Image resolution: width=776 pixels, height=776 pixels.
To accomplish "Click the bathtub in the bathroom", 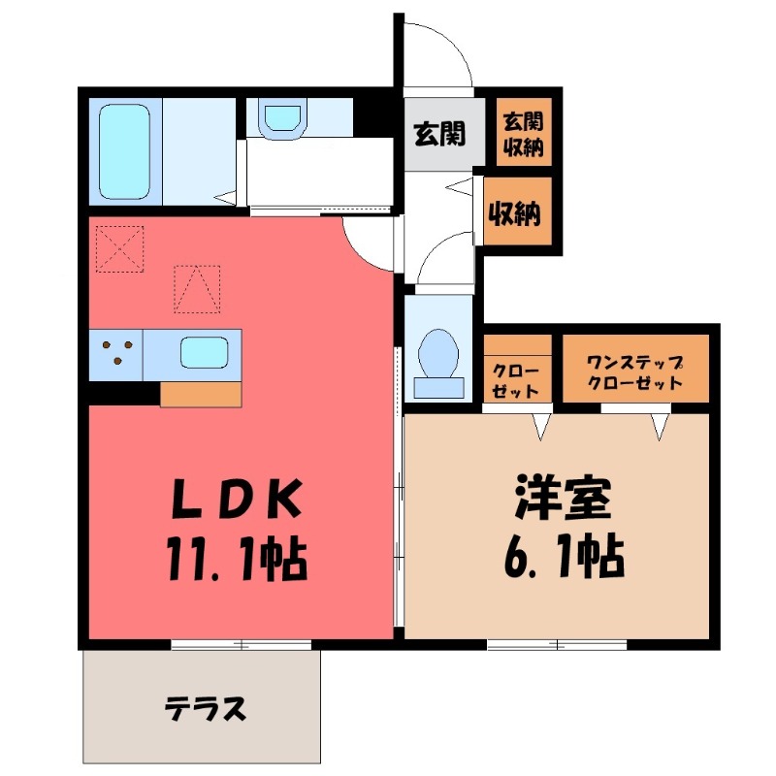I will (126, 150).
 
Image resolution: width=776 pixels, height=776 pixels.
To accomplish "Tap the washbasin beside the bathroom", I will (282, 118).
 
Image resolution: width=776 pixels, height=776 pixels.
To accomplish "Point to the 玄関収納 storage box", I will (522, 135).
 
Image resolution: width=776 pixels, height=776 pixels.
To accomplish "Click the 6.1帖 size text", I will (563, 558).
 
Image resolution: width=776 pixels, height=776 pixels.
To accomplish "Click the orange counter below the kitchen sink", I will (200, 394).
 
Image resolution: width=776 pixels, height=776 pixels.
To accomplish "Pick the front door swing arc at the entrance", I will (441, 53).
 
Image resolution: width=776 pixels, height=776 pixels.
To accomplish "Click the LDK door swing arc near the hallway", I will (366, 242).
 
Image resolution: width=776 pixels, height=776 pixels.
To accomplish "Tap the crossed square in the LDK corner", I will (119, 249).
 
